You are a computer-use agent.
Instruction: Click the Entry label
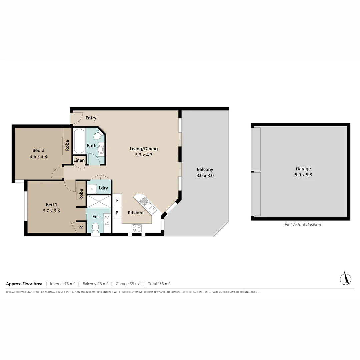pyautogui.click(x=91, y=118)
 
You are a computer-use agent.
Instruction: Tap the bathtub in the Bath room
pyautogui.click(x=79, y=141)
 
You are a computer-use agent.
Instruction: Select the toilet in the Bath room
pyautogui.click(x=98, y=136)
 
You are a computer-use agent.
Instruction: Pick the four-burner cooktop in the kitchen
pyautogui.click(x=137, y=228)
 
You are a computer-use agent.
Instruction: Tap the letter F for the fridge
pyautogui.click(x=117, y=201)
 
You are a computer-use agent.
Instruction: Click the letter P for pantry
pyautogui.click(x=117, y=212)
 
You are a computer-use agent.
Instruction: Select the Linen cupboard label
pyautogui.click(x=79, y=160)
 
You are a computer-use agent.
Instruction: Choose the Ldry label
pyautogui.click(x=103, y=188)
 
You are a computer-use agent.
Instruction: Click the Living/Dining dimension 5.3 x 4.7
pyautogui.click(x=144, y=155)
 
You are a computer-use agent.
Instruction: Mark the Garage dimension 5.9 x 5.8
pyautogui.click(x=303, y=175)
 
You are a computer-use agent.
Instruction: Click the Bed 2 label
pyautogui.click(x=38, y=150)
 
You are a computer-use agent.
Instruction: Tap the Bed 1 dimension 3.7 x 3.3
pyautogui.click(x=51, y=211)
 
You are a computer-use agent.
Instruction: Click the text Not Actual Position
pyautogui.click(x=303, y=225)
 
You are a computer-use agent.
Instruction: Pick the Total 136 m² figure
pyautogui.click(x=159, y=284)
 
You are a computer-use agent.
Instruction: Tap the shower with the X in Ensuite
pyautogui.click(x=98, y=202)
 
